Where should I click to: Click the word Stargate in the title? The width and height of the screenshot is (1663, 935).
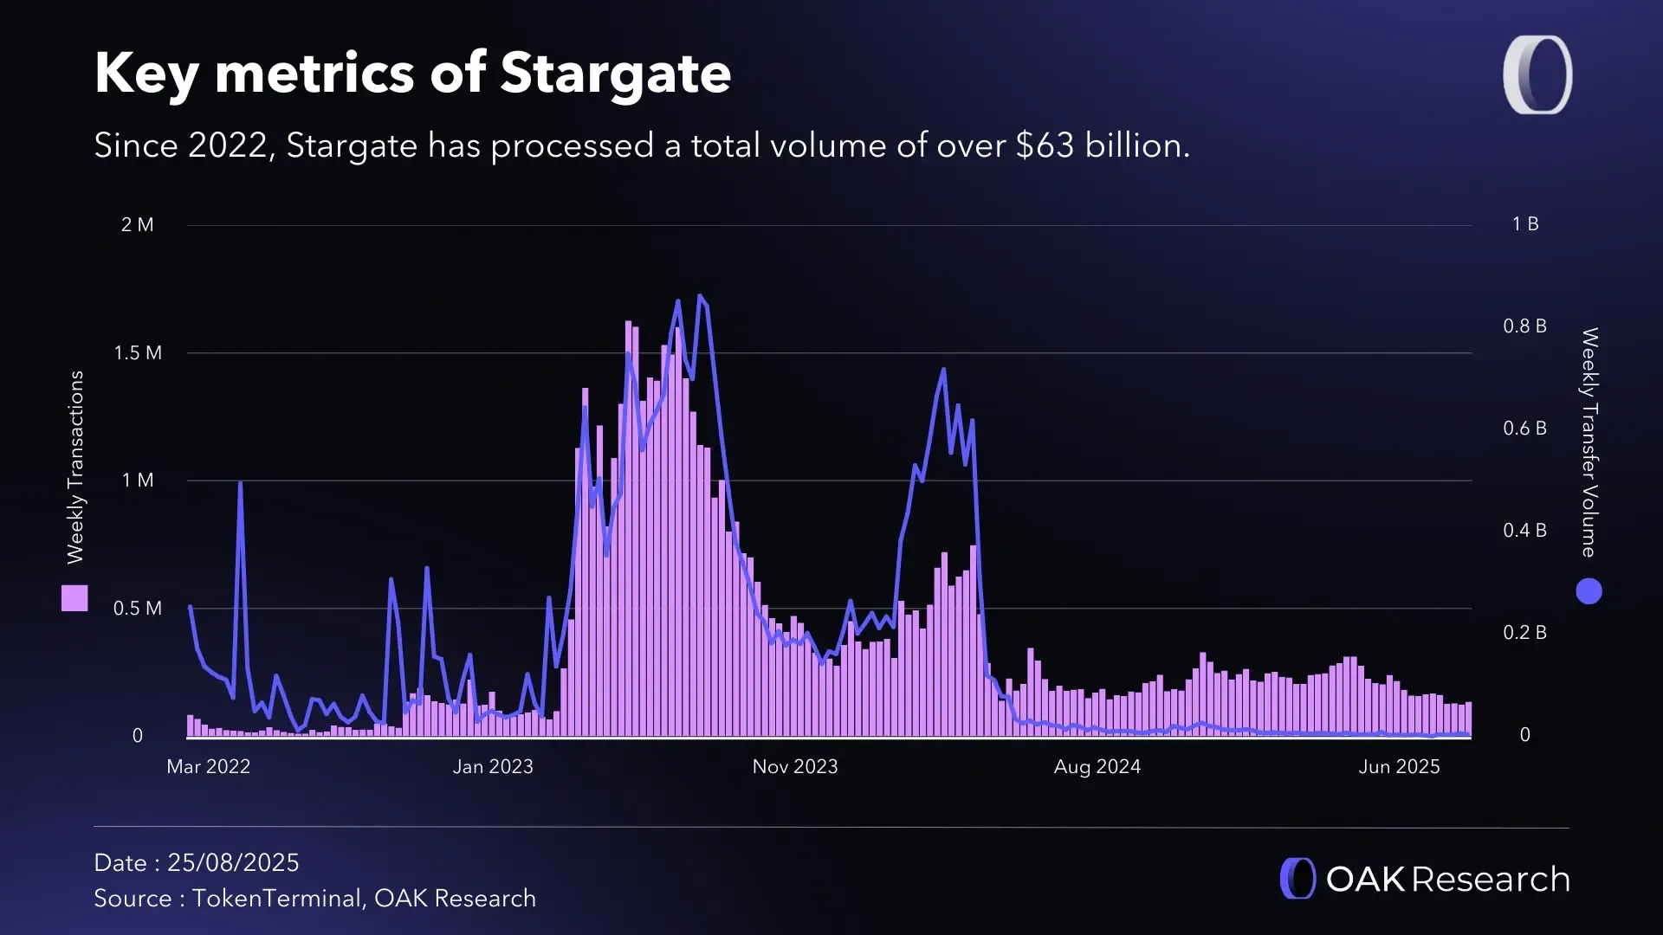(x=615, y=74)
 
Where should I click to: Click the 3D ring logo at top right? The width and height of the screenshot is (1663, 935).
(x=1537, y=74)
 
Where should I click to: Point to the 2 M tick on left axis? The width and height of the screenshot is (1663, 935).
(x=137, y=225)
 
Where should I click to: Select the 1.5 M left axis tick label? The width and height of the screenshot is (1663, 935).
(x=137, y=353)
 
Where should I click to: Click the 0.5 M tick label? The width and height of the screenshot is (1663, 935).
(x=137, y=609)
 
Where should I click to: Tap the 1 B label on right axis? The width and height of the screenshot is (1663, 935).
(x=1525, y=224)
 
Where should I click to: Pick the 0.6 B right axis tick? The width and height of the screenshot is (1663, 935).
(x=1524, y=429)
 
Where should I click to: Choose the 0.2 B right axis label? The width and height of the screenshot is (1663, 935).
(x=1524, y=633)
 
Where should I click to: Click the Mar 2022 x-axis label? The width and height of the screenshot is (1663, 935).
(x=208, y=767)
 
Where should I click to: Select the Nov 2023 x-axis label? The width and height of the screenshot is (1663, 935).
(x=794, y=767)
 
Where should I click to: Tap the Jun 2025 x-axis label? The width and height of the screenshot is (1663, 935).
(x=1398, y=767)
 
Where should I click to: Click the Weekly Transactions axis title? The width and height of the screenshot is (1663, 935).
(x=75, y=467)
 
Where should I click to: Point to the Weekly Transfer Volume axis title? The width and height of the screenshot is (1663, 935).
(x=1589, y=442)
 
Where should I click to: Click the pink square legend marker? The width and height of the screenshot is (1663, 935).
(x=74, y=598)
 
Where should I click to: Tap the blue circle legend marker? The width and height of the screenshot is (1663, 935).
(x=1589, y=592)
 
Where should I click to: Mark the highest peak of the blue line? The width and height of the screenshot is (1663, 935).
(x=700, y=296)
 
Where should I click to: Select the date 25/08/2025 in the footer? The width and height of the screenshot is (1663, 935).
(x=233, y=863)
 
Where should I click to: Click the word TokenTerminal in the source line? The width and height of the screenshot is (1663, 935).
(x=276, y=899)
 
